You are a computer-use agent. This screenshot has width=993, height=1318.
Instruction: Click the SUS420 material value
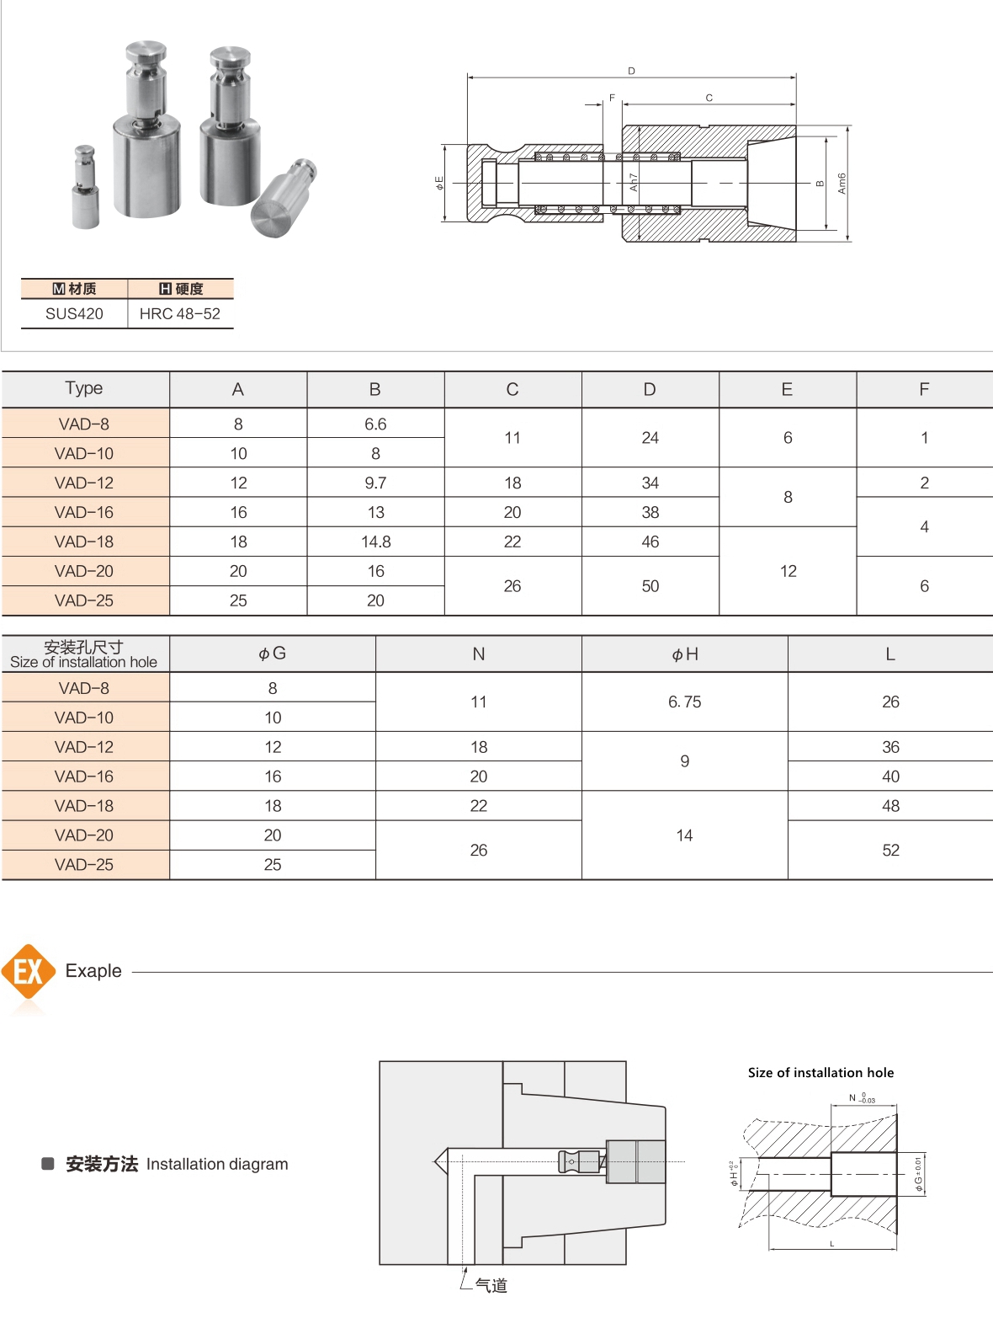74,314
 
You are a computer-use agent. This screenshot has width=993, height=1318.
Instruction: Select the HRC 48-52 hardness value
179,314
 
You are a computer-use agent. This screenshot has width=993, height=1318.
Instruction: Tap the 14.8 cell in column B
375,542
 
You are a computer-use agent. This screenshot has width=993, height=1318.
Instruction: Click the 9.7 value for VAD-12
375,483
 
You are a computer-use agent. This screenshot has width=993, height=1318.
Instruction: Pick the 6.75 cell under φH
684,702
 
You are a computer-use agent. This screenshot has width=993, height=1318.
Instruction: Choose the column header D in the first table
650,389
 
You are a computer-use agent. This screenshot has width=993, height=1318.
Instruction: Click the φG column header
272,654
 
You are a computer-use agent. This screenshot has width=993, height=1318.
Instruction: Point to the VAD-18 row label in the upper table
84,542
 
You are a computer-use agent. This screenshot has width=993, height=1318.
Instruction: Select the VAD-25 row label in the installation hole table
84,865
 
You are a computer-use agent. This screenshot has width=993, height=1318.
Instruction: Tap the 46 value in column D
650,542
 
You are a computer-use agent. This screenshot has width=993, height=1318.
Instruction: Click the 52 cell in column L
890,851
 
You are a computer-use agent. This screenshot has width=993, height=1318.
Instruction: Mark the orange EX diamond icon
29,972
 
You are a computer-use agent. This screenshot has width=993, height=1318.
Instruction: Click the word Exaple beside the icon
93,971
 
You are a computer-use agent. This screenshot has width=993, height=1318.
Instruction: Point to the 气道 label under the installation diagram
491,1285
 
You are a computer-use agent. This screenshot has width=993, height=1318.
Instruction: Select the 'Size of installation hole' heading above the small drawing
820,1073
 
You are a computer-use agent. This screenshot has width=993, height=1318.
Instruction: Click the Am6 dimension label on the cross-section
841,184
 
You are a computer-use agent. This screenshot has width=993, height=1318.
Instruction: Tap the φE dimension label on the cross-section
438,183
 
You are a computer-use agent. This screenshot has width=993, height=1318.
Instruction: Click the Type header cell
84,388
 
